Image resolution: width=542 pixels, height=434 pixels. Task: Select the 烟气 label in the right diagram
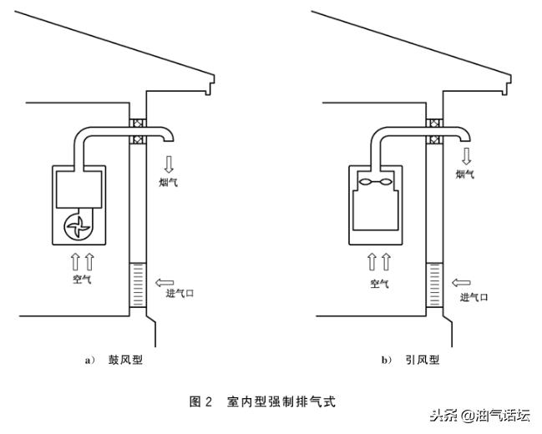465,174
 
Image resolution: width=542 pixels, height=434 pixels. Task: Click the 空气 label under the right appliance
379,284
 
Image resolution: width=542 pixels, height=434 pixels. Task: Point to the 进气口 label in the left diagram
180,293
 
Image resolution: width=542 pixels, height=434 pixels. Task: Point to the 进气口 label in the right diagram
474,296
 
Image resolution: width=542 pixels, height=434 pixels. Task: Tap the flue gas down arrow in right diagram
465,155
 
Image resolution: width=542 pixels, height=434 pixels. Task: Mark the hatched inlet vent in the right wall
434,285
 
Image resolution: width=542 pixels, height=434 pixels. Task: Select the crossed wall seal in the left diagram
137,129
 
